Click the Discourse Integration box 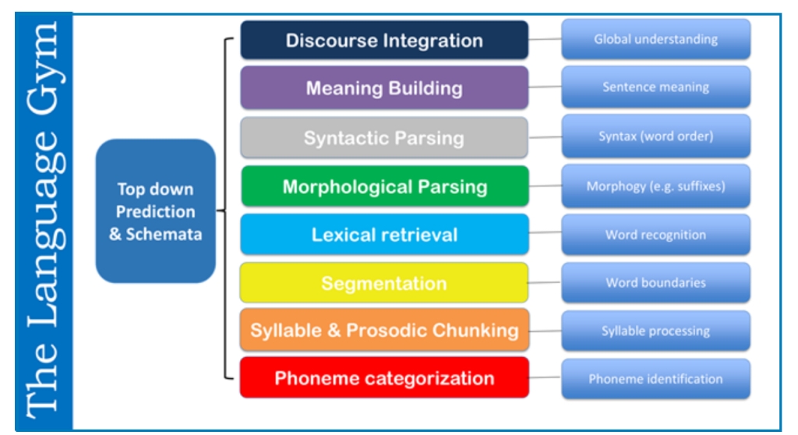point(384,41)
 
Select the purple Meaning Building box point(384,88)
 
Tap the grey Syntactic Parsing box point(384,139)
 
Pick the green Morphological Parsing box point(384,187)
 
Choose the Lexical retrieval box point(384,235)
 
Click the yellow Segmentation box point(384,283)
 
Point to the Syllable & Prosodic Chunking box point(384,330)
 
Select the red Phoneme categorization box point(384,378)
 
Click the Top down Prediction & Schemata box point(156,211)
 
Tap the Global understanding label point(655,39)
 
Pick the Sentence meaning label point(655,87)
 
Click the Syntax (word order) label point(655,136)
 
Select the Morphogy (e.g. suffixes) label point(655,186)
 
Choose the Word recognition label point(655,235)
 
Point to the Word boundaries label point(655,283)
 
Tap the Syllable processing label point(655,331)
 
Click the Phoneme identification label point(655,380)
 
